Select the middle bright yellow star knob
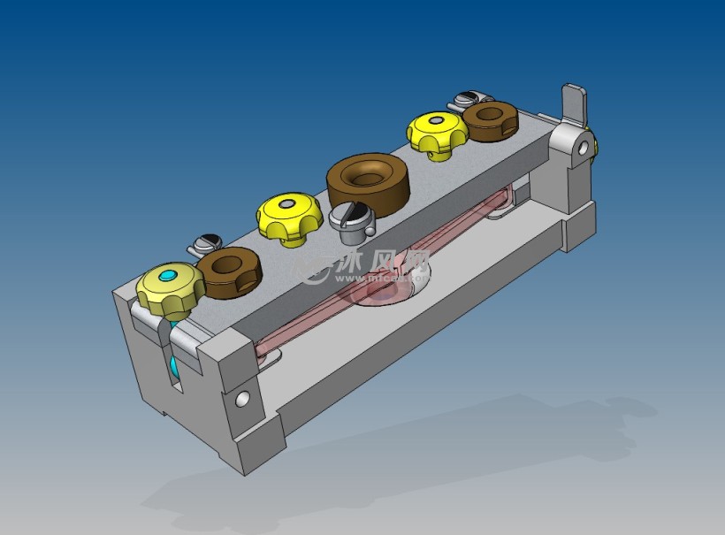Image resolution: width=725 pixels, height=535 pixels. [289, 217]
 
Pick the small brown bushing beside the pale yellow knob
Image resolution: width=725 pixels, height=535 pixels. [228, 271]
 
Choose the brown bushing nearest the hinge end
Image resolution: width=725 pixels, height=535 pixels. [491, 120]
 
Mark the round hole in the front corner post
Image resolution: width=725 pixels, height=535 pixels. [241, 399]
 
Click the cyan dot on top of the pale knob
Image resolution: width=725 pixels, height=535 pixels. [169, 278]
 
